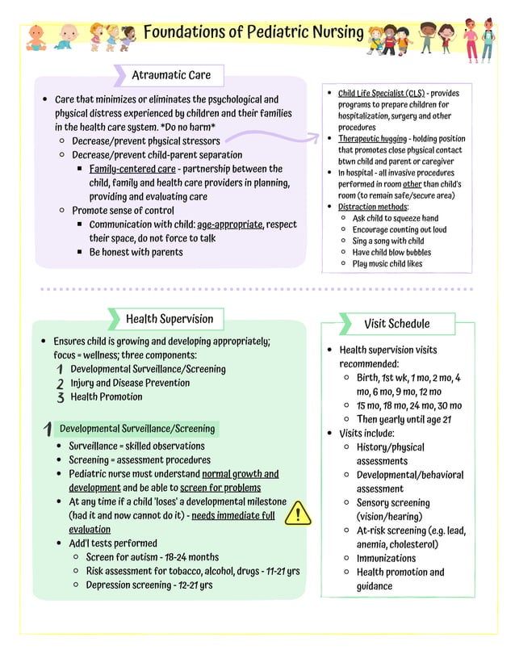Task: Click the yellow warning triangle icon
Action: [x=299, y=513]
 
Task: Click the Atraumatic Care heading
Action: [x=171, y=75]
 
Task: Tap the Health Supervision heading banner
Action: [x=170, y=319]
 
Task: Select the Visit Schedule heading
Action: [x=396, y=324]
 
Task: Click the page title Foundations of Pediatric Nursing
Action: [x=253, y=32]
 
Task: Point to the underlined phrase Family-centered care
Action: [x=132, y=169]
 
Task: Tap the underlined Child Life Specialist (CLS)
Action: [x=381, y=94]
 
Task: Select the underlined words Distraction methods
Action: [x=372, y=207]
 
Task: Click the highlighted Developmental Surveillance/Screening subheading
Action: [x=138, y=429]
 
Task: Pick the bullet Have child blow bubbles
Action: [x=392, y=252]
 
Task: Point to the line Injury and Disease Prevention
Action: [x=130, y=383]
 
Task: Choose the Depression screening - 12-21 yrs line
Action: [x=149, y=585]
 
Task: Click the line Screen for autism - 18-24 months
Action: [x=153, y=557]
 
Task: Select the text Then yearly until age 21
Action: [x=404, y=419]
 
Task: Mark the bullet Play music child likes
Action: [x=387, y=263]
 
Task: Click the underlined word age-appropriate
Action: [x=230, y=224]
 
